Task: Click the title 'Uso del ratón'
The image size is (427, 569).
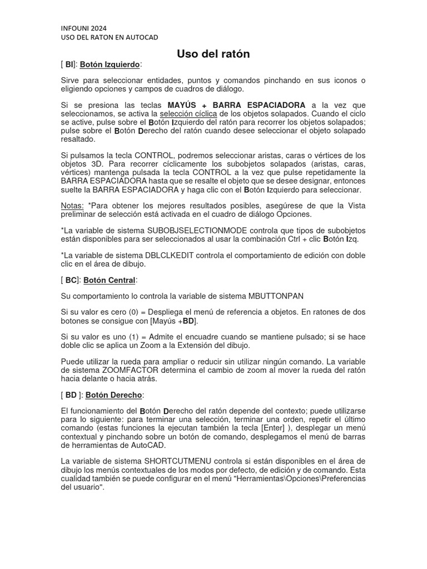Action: point(213,54)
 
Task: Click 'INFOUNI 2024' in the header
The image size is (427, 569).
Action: point(83,28)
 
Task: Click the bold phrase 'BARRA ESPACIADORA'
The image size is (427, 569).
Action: point(259,105)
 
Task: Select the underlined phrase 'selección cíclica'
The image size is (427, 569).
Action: point(188,113)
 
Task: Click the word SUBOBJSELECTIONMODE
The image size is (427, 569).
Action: point(201,230)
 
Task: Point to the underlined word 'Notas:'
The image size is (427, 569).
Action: point(72,206)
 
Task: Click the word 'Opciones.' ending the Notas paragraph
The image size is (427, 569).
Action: point(295,214)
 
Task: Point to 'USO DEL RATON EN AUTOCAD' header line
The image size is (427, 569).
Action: point(110,37)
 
